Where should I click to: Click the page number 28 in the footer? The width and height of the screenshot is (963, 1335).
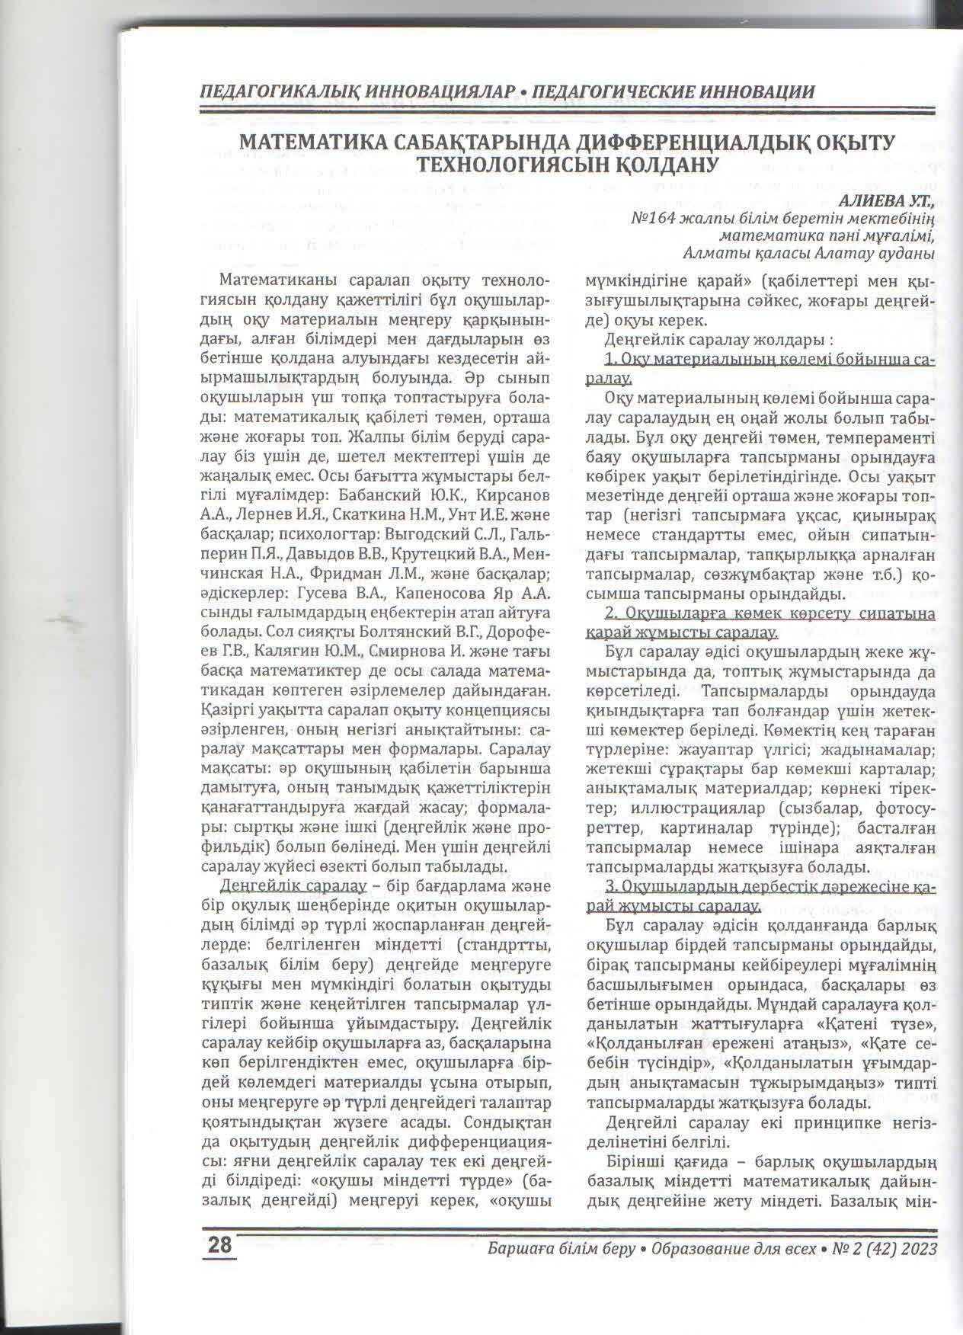pyautogui.click(x=220, y=1246)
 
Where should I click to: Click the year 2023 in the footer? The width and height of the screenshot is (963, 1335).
pyautogui.click(x=915, y=1248)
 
